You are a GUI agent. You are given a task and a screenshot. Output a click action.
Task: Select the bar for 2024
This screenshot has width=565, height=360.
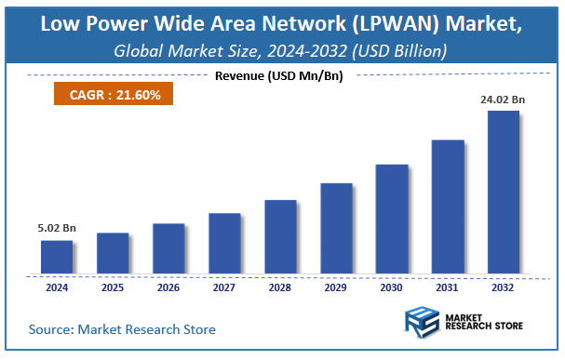coord(57,257)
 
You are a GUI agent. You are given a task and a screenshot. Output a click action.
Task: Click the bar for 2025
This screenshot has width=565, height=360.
coord(113,253)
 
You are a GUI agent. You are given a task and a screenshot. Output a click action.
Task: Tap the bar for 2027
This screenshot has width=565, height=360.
coord(224,244)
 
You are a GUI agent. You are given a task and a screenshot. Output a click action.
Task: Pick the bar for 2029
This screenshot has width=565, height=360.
coord(336,229)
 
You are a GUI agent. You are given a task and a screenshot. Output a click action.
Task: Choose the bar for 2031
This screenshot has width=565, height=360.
coord(448,207)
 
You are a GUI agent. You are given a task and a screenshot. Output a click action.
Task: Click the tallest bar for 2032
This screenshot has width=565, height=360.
coord(504,193)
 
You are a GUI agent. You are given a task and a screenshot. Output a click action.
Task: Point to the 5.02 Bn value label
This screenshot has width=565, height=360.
coord(57,226)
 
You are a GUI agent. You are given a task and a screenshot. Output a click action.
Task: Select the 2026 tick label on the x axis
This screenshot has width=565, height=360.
coord(168,288)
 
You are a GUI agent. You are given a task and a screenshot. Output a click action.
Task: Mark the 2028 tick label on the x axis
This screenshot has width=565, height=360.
coord(280,288)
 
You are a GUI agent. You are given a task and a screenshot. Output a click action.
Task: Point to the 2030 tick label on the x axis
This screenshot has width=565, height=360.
coord(392,288)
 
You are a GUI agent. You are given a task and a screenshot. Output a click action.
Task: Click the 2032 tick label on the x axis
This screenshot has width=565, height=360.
coord(504,288)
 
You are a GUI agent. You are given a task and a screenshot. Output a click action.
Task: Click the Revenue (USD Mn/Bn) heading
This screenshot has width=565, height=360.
coord(278,75)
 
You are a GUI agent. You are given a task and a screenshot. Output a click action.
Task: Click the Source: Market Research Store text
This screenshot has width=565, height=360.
coord(122,329)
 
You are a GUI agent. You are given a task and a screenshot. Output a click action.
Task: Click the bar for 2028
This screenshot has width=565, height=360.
coord(280,237)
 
